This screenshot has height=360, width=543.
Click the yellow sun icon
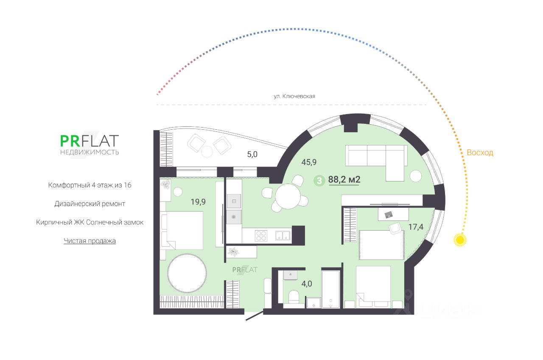click(459, 240)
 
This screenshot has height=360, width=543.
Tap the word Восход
click(480, 153)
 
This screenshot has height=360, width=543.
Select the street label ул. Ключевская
click(294, 96)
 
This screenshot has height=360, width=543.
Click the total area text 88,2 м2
click(344, 180)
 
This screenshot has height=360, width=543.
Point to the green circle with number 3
click(319, 180)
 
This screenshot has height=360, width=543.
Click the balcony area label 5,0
click(252, 154)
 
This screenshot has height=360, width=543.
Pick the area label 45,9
click(309, 162)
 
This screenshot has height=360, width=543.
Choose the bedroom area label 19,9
click(198, 202)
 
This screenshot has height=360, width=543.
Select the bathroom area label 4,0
click(307, 284)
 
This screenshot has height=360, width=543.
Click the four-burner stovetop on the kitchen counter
click(260, 235)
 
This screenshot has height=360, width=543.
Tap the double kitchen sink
click(282, 235)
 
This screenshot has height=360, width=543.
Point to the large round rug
click(187, 273)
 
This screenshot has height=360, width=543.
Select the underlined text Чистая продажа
click(90, 241)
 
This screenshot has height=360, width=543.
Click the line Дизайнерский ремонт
click(90, 204)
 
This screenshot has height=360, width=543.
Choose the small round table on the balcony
click(207, 151)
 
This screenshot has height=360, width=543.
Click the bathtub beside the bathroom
click(331, 290)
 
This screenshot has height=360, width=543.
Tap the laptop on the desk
click(389, 215)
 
